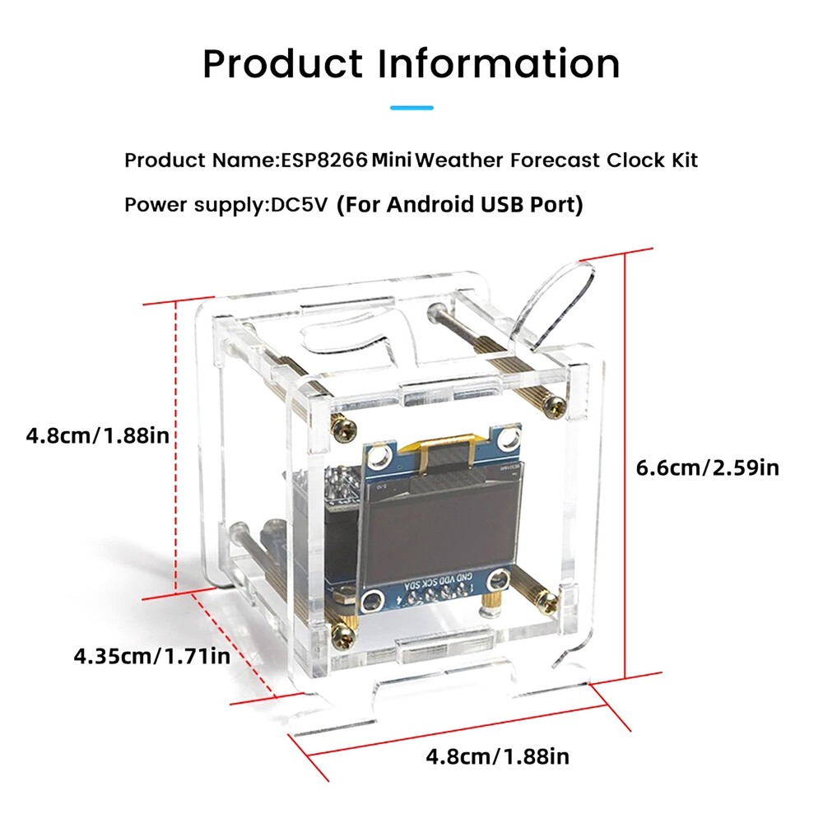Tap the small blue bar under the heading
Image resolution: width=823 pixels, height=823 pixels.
(411, 107)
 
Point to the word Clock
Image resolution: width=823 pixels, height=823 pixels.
(633, 160)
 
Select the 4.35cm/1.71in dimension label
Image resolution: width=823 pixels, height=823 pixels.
(151, 656)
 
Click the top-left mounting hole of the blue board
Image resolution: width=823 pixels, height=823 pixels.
(380, 455)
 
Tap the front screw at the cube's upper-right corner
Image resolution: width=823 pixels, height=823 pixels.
(559, 404)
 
